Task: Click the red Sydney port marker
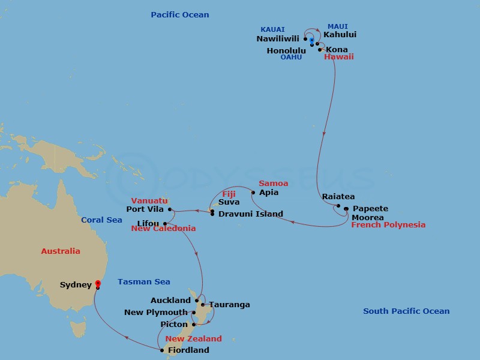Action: [x=98, y=285]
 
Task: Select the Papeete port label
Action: [x=370, y=209]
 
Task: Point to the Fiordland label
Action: [x=188, y=350]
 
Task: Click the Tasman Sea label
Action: [x=144, y=281]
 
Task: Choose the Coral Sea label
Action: [x=102, y=220]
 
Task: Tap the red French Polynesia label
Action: [x=388, y=225]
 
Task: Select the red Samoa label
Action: [x=273, y=183]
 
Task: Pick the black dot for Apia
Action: [x=253, y=193]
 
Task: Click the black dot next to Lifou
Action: [x=165, y=224]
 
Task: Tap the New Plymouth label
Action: [x=155, y=313]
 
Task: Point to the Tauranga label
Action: [x=229, y=305]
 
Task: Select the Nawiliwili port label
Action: [x=277, y=39]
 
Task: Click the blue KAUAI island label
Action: [x=272, y=29]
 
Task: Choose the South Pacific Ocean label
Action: [x=406, y=311]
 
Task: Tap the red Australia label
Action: [x=61, y=251]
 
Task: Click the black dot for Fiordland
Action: [x=162, y=350]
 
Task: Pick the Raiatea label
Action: [x=338, y=196]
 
